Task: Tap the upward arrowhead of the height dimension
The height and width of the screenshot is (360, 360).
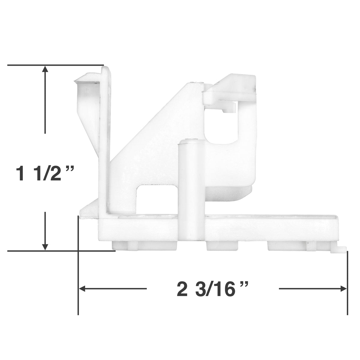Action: click(x=45, y=70)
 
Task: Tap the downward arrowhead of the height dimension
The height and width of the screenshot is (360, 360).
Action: click(x=45, y=246)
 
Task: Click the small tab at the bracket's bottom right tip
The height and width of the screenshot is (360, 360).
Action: click(x=338, y=249)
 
